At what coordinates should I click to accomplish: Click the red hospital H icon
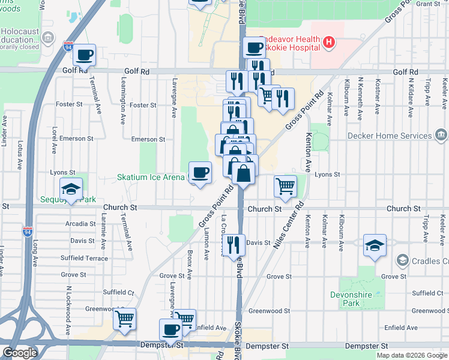coord(328,42)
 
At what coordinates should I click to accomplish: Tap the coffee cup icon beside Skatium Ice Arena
coord(200,173)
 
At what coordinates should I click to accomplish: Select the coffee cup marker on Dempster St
coord(171,329)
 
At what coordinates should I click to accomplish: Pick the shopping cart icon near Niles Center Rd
coord(286,185)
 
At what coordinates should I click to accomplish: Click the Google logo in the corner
coord(20,353)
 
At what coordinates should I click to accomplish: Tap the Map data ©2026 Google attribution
coord(412,355)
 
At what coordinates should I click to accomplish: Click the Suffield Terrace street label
coord(85,258)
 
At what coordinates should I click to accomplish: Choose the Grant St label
coord(428,4)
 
